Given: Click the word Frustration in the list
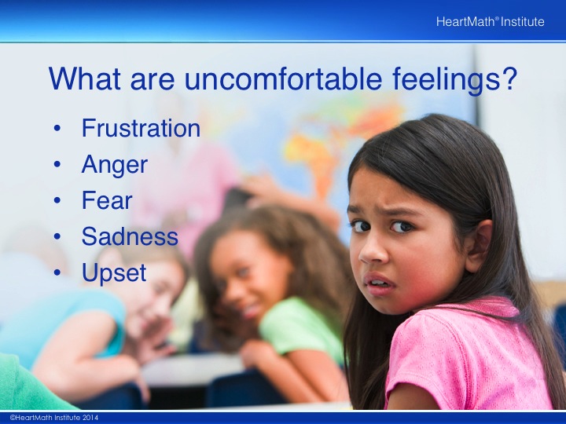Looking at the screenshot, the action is tap(141, 128).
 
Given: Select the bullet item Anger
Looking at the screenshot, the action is tap(115, 165).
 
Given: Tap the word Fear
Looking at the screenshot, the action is tap(107, 200).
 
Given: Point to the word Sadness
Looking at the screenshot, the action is tap(130, 236).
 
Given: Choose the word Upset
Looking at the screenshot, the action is tap(114, 273).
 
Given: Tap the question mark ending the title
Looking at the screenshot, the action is tap(507, 78).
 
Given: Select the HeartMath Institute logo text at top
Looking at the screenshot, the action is tap(490, 22).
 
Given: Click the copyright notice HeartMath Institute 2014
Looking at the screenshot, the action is tap(54, 418).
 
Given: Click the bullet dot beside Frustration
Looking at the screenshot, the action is tap(57, 128).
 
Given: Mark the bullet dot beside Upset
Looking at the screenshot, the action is tap(57, 272).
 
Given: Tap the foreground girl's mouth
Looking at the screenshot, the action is tap(379, 283).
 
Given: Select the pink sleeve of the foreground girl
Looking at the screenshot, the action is tap(458, 360).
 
